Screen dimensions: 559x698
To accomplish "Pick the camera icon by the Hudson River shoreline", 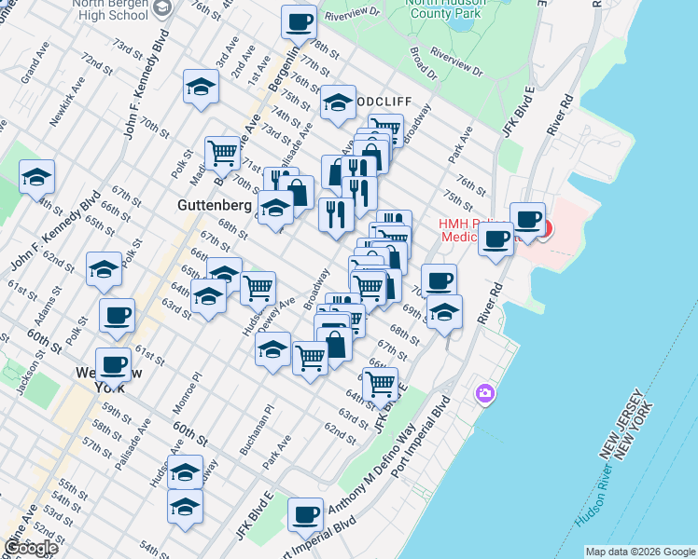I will [483, 394].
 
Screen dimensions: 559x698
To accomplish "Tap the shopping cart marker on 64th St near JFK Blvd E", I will [379, 382].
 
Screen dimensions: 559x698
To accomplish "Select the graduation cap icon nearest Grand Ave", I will [36, 175].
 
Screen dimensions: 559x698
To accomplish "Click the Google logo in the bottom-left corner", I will [31, 548].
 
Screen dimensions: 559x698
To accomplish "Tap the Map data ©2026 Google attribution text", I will [639, 552].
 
